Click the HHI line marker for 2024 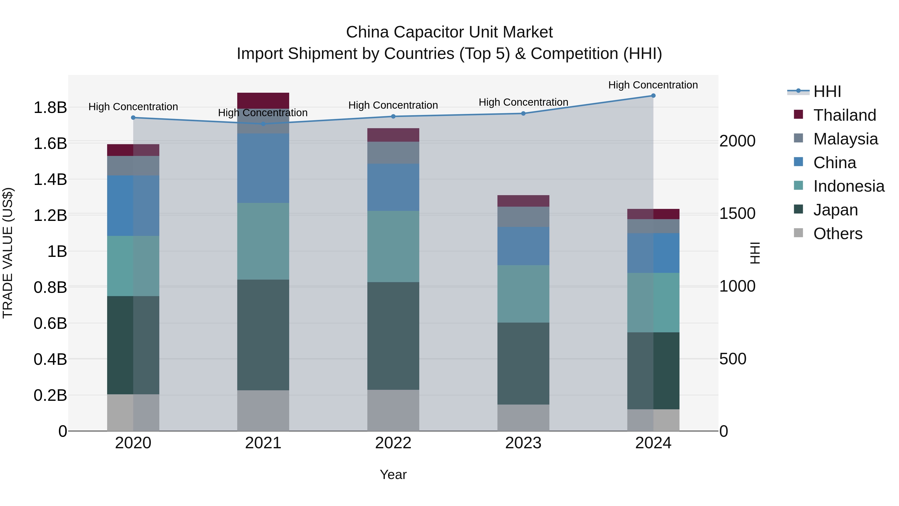coord(653,96)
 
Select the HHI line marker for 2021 coord(263,124)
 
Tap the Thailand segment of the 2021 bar coord(263,100)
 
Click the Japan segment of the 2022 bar coord(393,336)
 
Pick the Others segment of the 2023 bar coord(523,418)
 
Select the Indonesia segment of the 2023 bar coord(523,294)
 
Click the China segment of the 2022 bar coord(393,187)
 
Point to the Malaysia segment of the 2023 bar coord(523,217)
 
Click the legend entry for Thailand coord(844,115)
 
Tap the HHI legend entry coord(827,91)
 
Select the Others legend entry coord(837,234)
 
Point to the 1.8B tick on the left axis coord(50,107)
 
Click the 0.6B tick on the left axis coord(50,323)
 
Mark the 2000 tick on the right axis coord(737,141)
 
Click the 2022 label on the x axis coord(393,443)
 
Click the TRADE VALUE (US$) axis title coord(8,253)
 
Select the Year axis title coord(393,475)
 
